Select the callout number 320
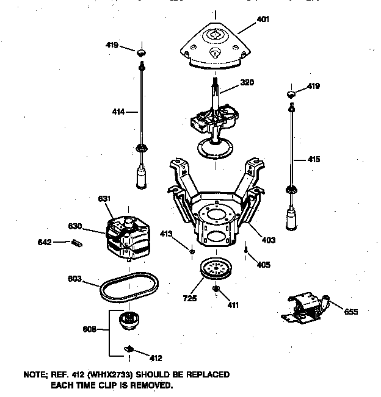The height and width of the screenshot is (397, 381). pyautogui.click(x=247, y=82)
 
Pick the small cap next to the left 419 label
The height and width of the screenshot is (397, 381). pyautogui.click(x=142, y=51)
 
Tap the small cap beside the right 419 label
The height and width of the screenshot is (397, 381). pyautogui.click(x=291, y=93)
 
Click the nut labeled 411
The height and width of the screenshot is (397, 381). pyautogui.click(x=216, y=288)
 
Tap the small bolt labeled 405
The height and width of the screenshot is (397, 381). pyautogui.click(x=245, y=249)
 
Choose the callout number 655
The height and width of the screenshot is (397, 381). pyautogui.click(x=350, y=312)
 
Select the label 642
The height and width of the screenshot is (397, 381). pyautogui.click(x=45, y=242)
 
